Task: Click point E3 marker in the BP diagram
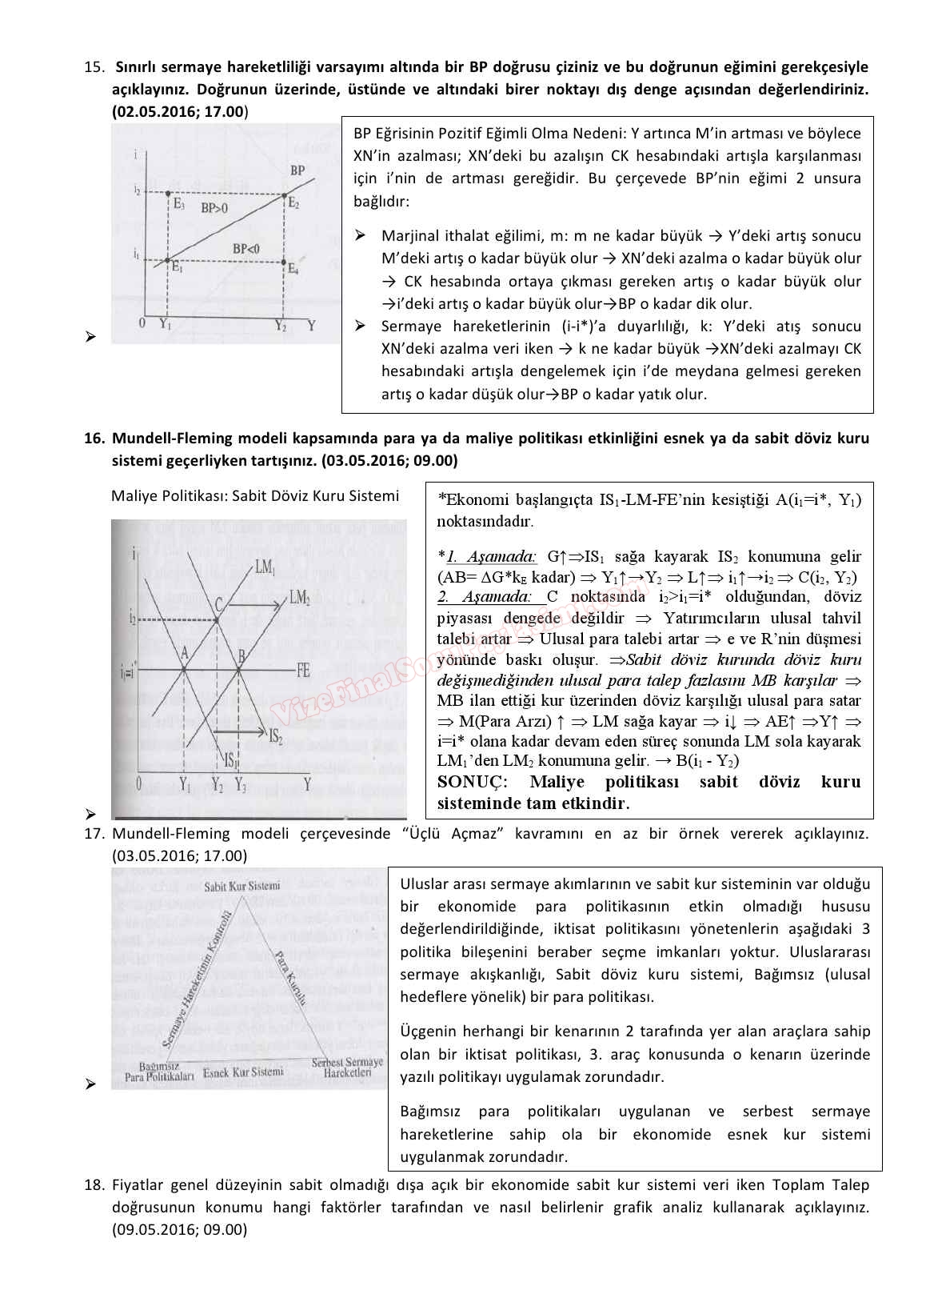pyautogui.click(x=167, y=194)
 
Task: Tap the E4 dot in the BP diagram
pyautogui.click(x=285, y=262)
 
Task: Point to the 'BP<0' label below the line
pyautogui.click(x=245, y=249)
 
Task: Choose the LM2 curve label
pyautogui.click(x=300, y=597)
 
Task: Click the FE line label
pyautogui.click(x=303, y=671)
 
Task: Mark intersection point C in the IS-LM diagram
pyautogui.click(x=218, y=618)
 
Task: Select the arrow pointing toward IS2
pyautogui.click(x=243, y=731)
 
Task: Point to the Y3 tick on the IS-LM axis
pyautogui.click(x=240, y=785)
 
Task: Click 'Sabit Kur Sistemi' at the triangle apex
pyautogui.click(x=241, y=886)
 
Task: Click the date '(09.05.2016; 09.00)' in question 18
pyautogui.click(x=179, y=1229)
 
